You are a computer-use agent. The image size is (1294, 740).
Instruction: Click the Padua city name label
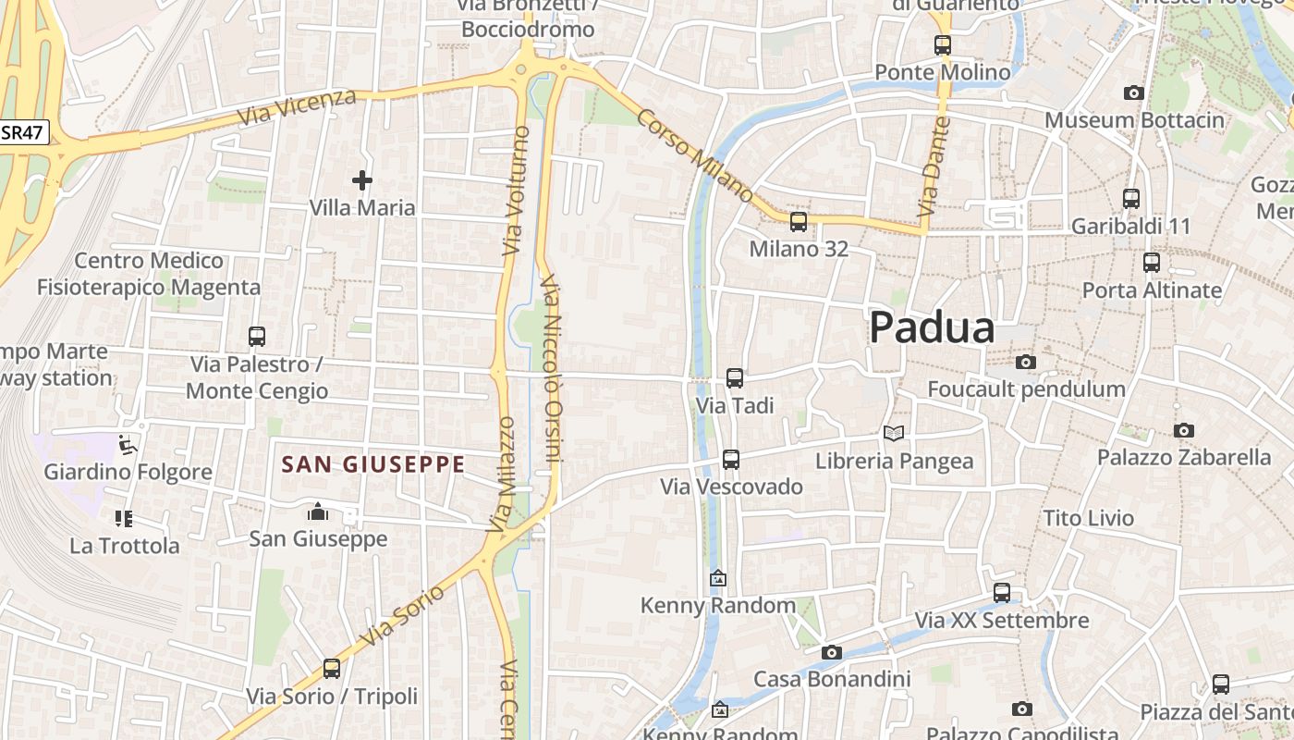[932, 328]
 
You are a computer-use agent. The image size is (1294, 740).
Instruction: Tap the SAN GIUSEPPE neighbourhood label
[372, 464]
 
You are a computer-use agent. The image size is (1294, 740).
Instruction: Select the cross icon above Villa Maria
[362, 180]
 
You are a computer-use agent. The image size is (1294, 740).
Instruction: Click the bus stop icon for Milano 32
[799, 222]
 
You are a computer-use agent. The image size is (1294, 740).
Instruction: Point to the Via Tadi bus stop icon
[735, 378]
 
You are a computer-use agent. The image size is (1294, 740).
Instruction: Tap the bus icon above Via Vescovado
[731, 459]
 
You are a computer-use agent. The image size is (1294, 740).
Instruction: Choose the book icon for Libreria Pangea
[893, 433]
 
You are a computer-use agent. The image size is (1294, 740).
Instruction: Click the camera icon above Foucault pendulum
[1026, 362]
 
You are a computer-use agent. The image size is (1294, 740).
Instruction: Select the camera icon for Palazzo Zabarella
[1184, 430]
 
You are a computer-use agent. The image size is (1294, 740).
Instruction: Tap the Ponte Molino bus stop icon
[943, 44]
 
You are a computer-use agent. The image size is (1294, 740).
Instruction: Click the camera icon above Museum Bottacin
[1134, 92]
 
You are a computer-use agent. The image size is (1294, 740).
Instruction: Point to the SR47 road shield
[22, 132]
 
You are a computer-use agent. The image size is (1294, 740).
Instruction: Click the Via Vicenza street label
[296, 108]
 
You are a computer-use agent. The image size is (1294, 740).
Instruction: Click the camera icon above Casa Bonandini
[832, 652]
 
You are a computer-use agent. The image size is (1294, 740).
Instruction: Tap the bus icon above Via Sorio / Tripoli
[332, 669]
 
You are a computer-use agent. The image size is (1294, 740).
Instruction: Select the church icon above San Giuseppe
[318, 512]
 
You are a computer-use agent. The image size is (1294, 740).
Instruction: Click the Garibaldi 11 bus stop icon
[1131, 199]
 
